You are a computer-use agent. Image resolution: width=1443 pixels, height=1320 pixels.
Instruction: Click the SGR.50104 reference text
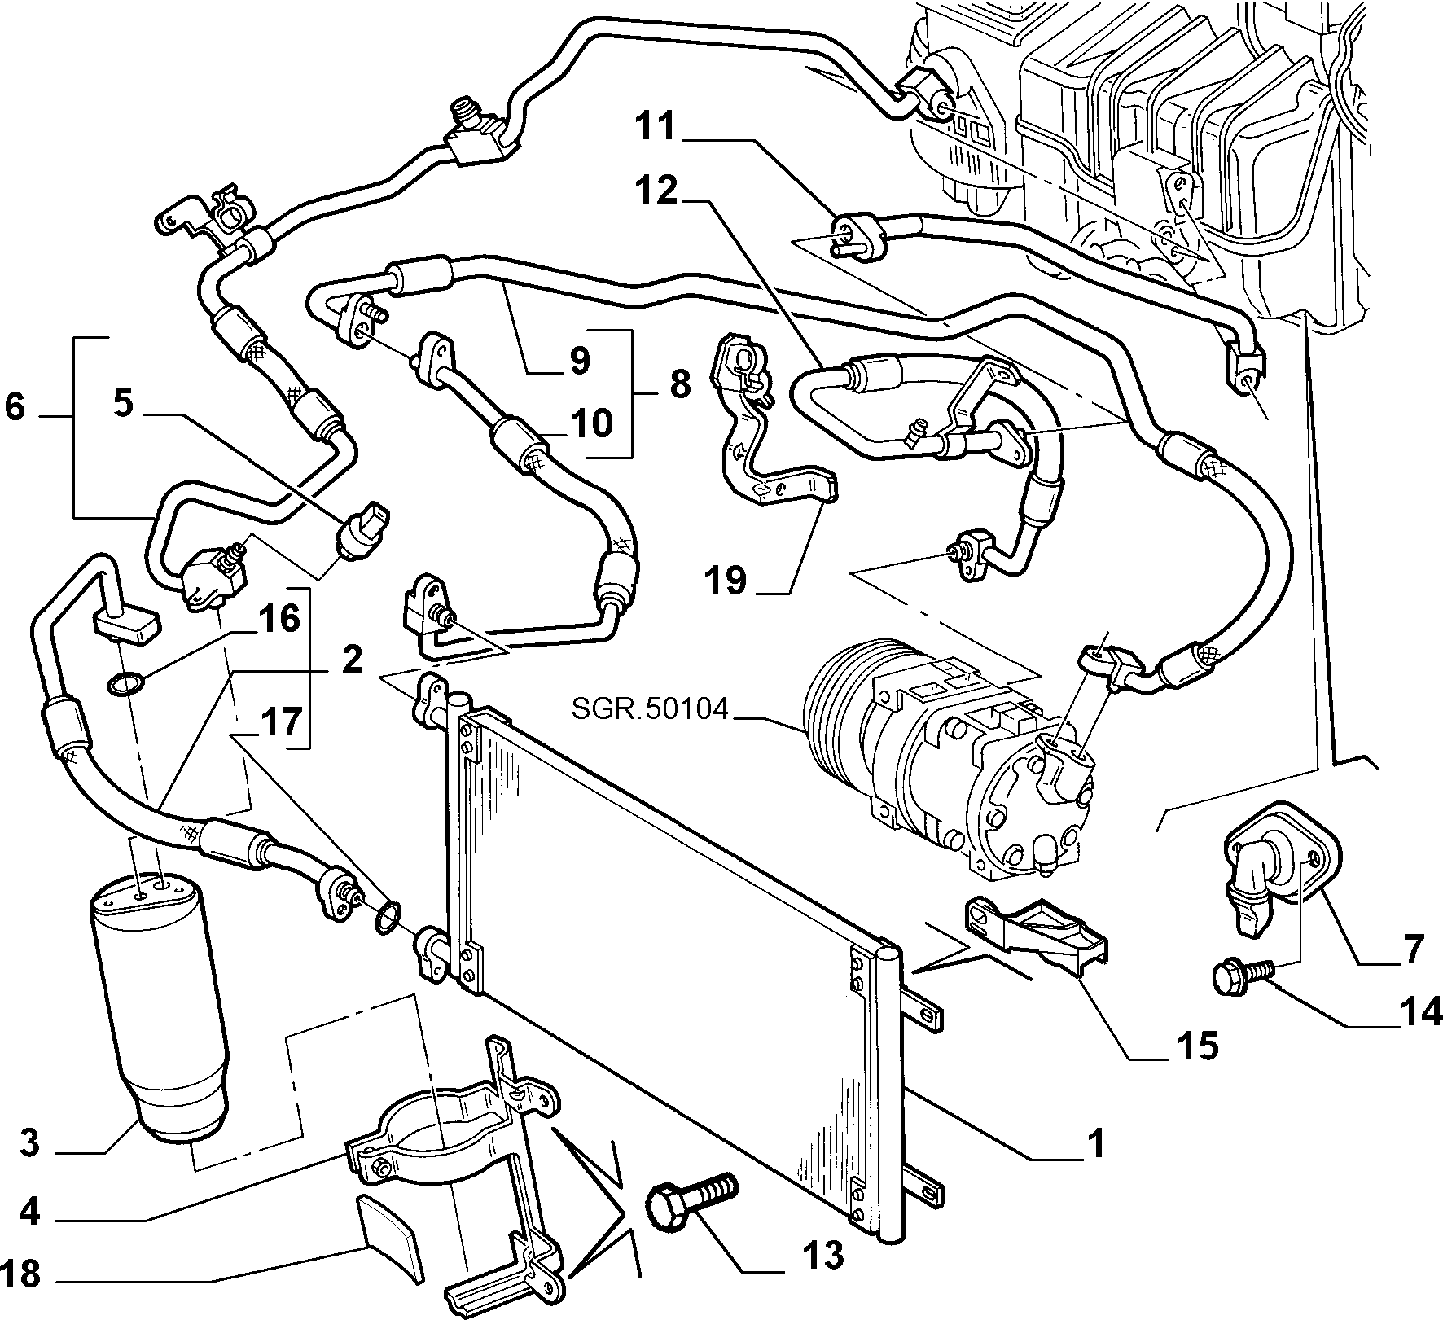[649, 708]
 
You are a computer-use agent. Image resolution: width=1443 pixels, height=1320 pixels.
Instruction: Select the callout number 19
[724, 581]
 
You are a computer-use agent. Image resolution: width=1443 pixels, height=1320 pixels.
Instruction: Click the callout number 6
[15, 407]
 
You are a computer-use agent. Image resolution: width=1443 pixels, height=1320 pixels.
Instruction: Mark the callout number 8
[680, 383]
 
